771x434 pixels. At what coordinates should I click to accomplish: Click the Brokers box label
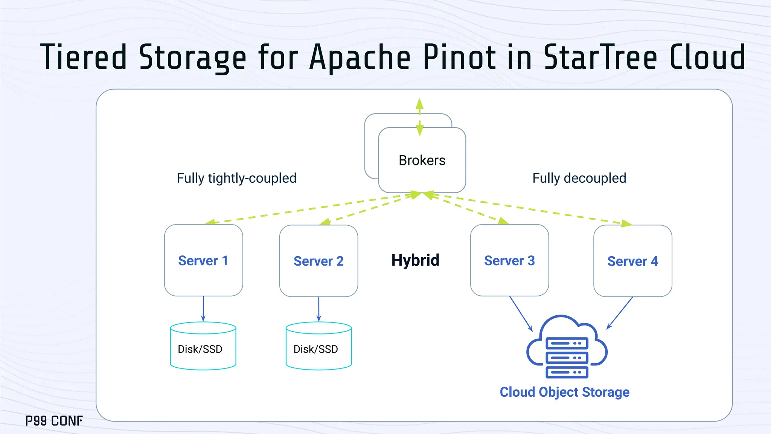click(422, 160)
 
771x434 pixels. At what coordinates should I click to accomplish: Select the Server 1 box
click(203, 260)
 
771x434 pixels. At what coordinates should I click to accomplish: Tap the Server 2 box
click(318, 261)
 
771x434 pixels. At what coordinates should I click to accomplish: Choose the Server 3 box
click(509, 260)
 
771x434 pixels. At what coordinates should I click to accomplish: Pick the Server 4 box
click(632, 261)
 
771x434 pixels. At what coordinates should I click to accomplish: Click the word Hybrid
click(415, 260)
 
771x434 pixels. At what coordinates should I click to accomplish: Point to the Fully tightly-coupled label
click(236, 178)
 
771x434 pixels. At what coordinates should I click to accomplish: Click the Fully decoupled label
click(579, 178)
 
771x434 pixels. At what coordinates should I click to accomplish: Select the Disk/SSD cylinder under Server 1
click(203, 347)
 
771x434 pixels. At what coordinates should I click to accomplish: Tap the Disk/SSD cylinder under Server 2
click(318, 347)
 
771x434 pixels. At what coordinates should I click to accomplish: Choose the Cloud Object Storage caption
click(564, 392)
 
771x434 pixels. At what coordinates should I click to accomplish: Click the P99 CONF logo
click(54, 421)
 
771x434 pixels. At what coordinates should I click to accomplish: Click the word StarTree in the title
click(600, 57)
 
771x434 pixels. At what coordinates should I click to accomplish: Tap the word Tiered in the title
click(84, 57)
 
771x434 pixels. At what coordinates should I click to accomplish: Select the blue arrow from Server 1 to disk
click(203, 309)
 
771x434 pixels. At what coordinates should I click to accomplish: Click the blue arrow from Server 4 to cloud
click(620, 313)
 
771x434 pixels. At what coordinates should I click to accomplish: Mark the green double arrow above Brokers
click(419, 117)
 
